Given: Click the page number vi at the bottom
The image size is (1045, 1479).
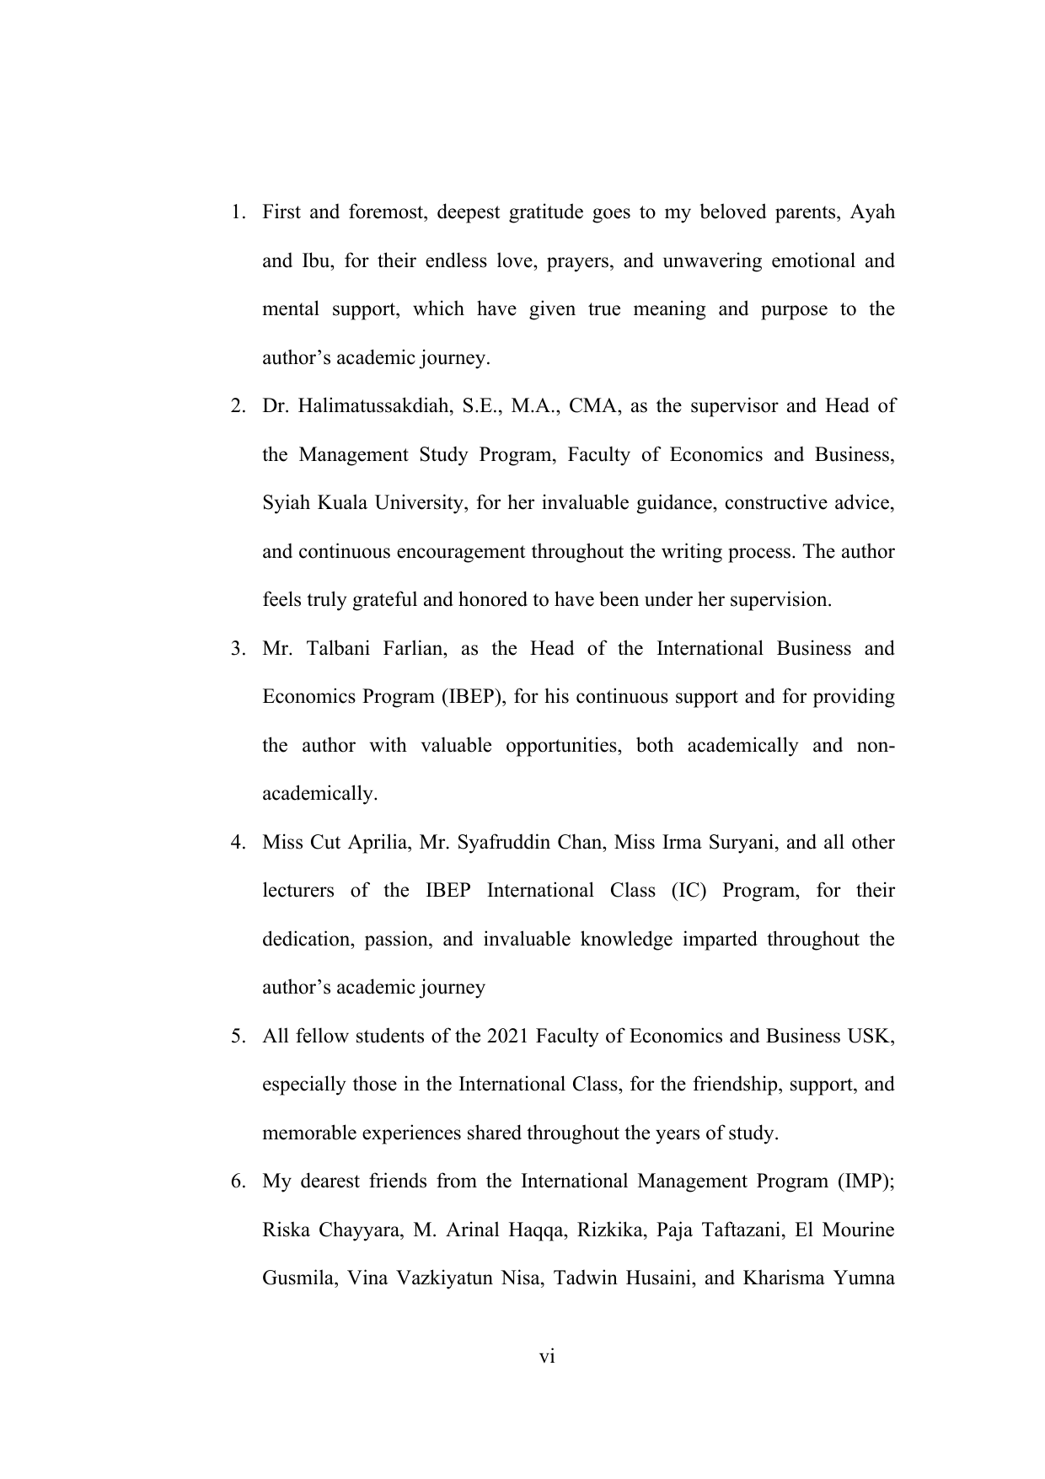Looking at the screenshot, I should coord(547,1357).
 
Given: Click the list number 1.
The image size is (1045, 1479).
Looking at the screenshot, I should coord(238,212).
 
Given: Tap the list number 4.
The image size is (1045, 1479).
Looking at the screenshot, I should coord(238,842).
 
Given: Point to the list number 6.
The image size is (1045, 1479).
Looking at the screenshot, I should coord(238,1182).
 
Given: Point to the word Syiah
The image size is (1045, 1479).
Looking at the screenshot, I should coord(286,503).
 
